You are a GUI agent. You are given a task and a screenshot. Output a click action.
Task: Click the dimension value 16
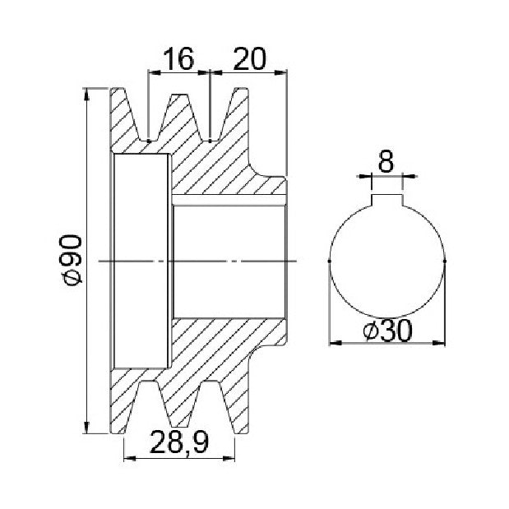pyautogui.click(x=178, y=58)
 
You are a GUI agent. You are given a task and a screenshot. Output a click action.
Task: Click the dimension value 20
pyautogui.click(x=249, y=58)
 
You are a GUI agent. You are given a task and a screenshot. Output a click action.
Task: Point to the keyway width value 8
pyautogui.click(x=386, y=160)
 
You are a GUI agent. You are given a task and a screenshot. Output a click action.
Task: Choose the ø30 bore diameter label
pyautogui.click(x=387, y=331)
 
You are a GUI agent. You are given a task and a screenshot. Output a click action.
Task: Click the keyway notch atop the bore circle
pyautogui.click(x=386, y=200)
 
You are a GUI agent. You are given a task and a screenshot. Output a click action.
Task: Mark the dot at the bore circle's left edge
pyautogui.click(x=330, y=261)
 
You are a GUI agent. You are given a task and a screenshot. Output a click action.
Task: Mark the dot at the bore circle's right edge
pyautogui.click(x=445, y=261)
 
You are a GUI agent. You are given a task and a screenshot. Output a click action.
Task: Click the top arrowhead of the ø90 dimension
pyautogui.click(x=86, y=94)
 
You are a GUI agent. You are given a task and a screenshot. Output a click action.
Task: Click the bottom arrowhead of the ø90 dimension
pyautogui.click(x=86, y=428)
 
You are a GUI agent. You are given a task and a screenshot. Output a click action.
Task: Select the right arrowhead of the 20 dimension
pyautogui.click(x=281, y=72)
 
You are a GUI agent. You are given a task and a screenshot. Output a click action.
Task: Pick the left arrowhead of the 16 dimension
pyautogui.click(x=155, y=72)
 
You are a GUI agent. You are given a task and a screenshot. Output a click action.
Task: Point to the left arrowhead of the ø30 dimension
pyautogui.click(x=335, y=342)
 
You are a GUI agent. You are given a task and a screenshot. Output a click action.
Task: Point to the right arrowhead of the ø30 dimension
pyautogui.click(x=439, y=342)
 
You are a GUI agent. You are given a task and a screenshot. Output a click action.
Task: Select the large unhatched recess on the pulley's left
pyautogui.click(x=141, y=261)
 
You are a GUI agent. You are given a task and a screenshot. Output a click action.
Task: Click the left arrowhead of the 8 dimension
pyautogui.click(x=363, y=176)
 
